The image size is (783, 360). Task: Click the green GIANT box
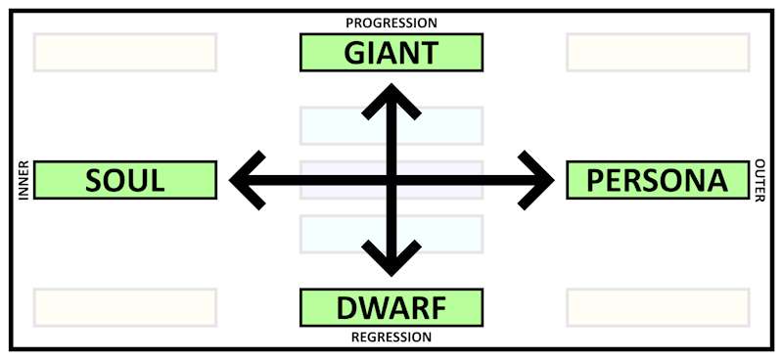pyautogui.click(x=391, y=53)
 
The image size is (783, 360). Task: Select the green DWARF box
pyautogui.click(x=391, y=307)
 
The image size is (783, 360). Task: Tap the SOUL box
pyautogui.click(x=125, y=180)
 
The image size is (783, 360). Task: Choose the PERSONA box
pyautogui.click(x=657, y=180)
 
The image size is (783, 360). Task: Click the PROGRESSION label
pyautogui.click(x=391, y=22)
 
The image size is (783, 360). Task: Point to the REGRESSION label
pyautogui.click(x=391, y=337)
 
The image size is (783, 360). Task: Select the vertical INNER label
pyautogui.click(x=23, y=180)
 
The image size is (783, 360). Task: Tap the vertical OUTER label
pyautogui.click(x=760, y=180)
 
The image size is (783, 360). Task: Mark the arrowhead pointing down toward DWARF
pyautogui.click(x=392, y=265)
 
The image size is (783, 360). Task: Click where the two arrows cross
pyautogui.click(x=392, y=180)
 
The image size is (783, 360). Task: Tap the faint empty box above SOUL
pyautogui.click(x=125, y=53)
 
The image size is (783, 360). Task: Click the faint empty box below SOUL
pyautogui.click(x=125, y=307)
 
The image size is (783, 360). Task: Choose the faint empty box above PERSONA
pyautogui.click(x=657, y=53)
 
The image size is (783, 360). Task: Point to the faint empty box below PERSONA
pyautogui.click(x=657, y=307)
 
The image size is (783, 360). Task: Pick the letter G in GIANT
pyautogui.click(x=355, y=53)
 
